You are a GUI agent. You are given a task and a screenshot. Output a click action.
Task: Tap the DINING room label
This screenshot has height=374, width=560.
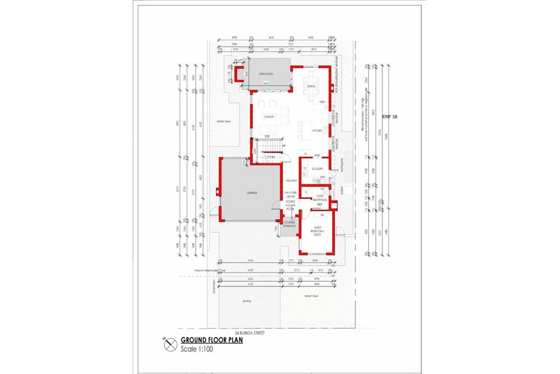tap(311, 86)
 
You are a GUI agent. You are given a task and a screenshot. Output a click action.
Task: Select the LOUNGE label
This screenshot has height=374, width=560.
tap(267, 117)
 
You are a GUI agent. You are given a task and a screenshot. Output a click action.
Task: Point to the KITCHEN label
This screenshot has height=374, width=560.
tap(317, 130)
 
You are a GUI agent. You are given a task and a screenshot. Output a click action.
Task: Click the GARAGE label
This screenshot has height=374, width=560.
tap(251, 192)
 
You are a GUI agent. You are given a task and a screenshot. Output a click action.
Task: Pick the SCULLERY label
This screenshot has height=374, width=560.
tap(318, 168)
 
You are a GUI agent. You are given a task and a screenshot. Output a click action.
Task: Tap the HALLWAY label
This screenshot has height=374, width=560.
tap(291, 180)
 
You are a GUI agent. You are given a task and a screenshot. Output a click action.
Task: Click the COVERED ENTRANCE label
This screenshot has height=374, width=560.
tap(290, 224)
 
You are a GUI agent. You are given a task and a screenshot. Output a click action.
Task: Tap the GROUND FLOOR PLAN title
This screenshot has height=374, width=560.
tap(211, 340)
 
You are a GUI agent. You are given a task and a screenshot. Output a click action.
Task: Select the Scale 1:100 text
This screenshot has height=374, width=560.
tap(197, 349)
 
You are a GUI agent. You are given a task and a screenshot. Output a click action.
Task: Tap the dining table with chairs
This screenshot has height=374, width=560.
tap(312, 79)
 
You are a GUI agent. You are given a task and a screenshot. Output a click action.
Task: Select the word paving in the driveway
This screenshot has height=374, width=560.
tap(246, 301)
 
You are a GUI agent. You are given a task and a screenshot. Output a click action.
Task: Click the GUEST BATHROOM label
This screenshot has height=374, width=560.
tap(321, 198)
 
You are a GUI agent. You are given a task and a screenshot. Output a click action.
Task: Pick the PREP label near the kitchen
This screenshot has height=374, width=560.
tap(322, 102)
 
